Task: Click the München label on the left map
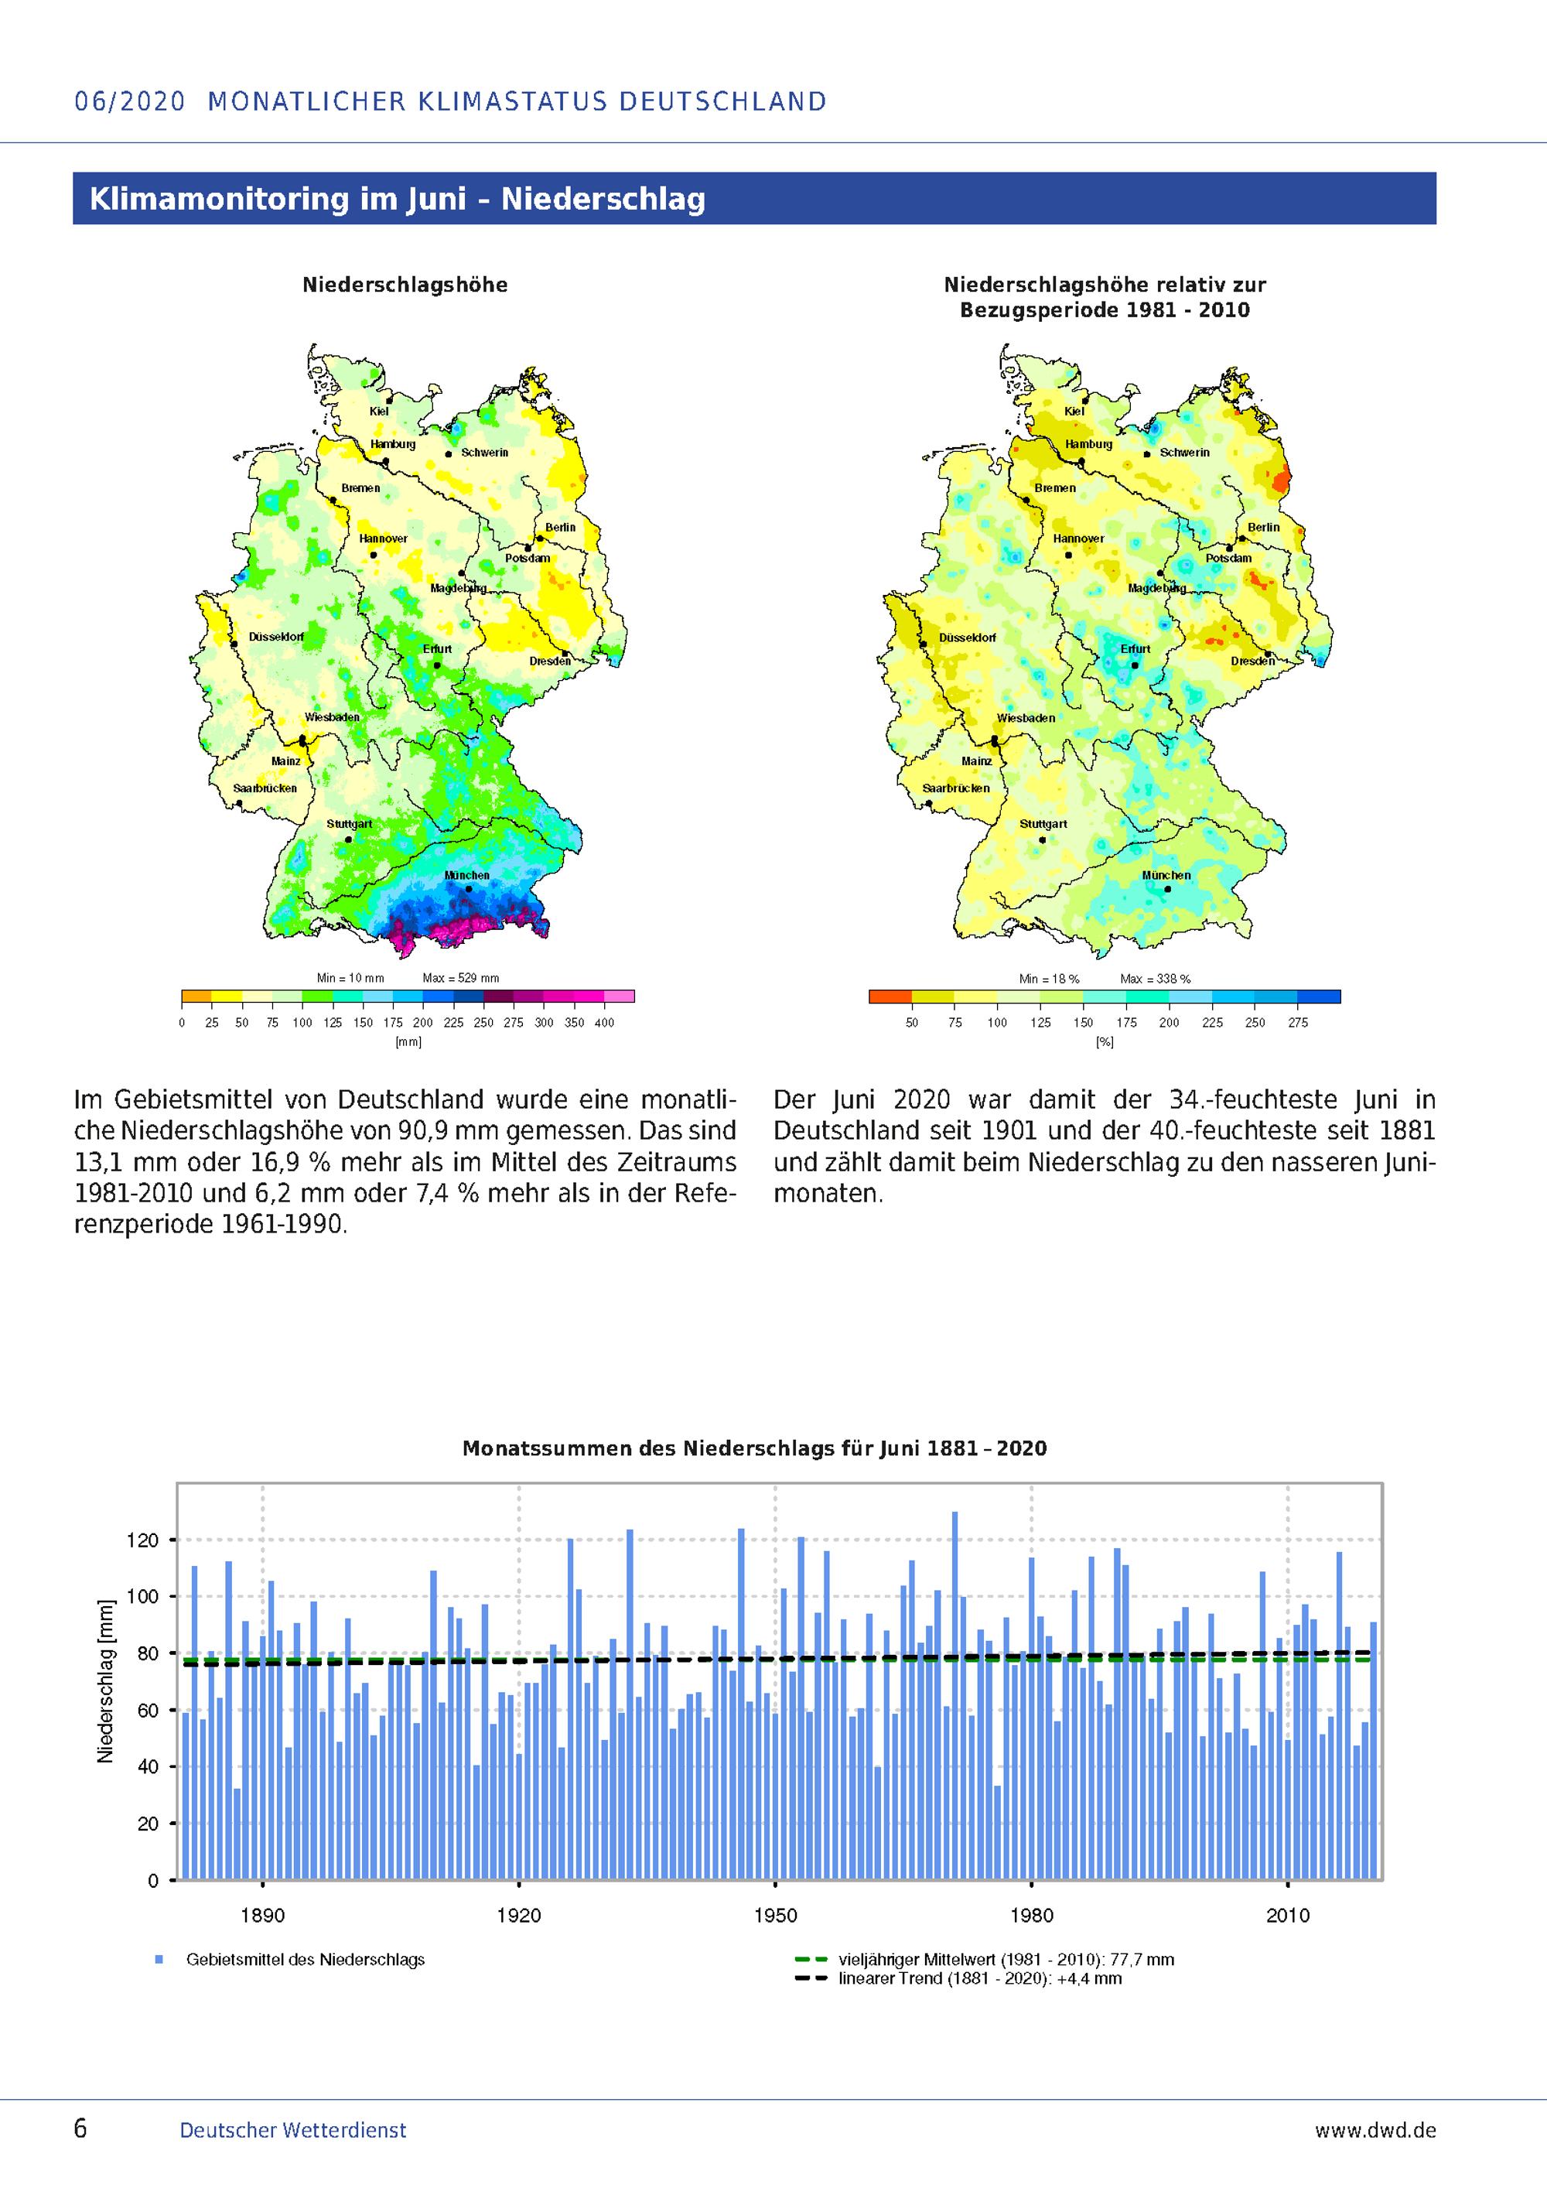(x=466, y=875)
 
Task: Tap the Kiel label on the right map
(x=1074, y=411)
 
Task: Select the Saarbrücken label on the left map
(x=265, y=788)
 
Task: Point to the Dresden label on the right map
(x=1252, y=661)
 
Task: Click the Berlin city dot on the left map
(x=540, y=538)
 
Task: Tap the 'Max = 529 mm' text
(x=460, y=978)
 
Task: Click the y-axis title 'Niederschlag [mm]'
(x=106, y=1680)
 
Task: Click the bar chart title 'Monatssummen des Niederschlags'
(x=753, y=1449)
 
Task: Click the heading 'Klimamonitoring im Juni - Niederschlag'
(x=398, y=199)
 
